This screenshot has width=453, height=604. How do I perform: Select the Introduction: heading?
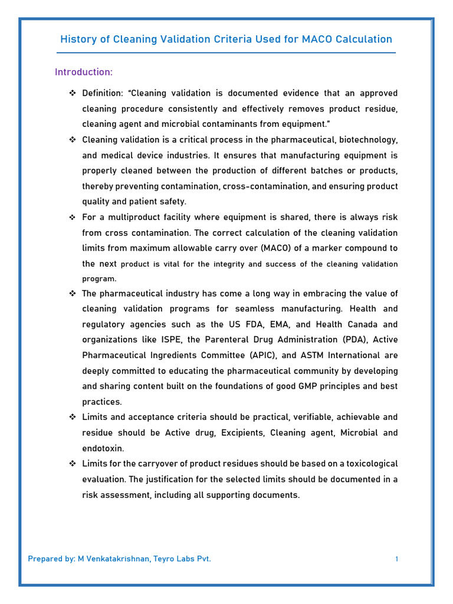83,72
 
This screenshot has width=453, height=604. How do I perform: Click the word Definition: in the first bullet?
103,93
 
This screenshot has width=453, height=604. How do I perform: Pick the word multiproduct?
132,217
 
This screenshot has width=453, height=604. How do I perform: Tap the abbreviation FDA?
248,324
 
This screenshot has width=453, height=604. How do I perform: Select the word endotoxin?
103,448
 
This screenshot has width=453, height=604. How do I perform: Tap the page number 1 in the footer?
397,559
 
